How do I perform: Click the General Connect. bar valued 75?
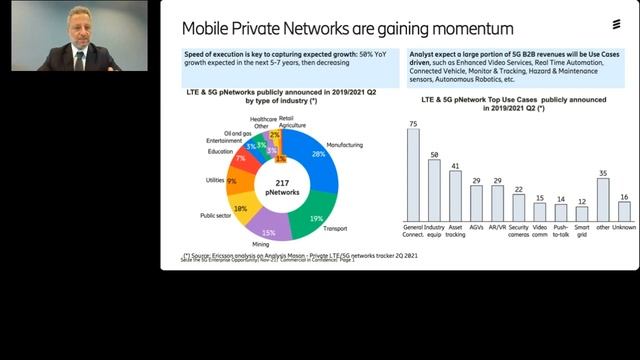412,175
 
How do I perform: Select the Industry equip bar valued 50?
435,190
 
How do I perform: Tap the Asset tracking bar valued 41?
455,196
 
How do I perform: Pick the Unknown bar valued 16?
624,211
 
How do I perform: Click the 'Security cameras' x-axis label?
518,232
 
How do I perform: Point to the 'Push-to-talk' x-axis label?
561,232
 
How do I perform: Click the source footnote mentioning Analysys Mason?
300,255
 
